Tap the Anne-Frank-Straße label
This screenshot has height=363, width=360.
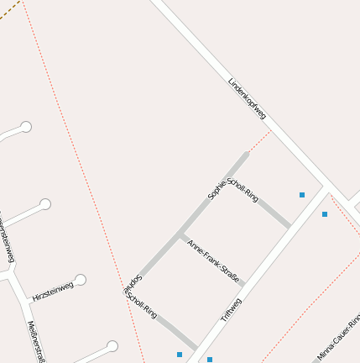(x=213, y=261)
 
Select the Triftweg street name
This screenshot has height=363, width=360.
(x=231, y=310)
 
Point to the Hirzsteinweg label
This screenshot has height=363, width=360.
(x=53, y=292)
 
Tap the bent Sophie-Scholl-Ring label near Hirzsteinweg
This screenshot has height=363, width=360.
(x=139, y=299)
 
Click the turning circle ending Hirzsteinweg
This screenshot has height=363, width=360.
(x=81, y=280)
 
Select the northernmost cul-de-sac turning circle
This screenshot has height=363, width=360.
(x=26, y=127)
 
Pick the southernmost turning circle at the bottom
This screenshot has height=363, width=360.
(x=112, y=346)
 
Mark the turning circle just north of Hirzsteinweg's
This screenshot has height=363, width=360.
(x=45, y=203)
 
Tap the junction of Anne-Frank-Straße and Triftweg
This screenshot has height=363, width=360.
(x=243, y=285)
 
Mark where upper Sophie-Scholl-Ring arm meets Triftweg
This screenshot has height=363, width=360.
(x=290, y=227)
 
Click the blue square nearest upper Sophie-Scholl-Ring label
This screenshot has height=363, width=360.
(x=302, y=195)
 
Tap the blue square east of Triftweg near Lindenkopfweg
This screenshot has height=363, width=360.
(x=325, y=214)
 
